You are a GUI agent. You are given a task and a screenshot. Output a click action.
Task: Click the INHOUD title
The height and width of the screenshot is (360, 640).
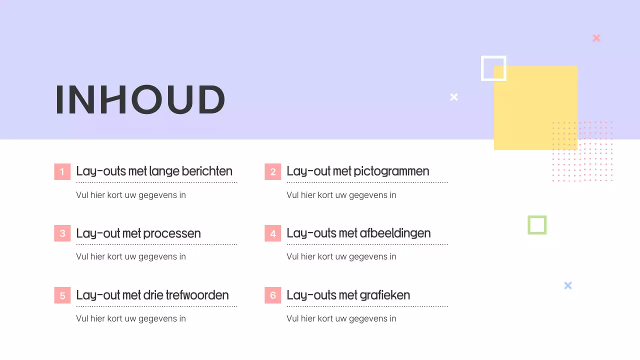140,99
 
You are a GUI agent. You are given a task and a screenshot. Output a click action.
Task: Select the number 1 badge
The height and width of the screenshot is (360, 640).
62,171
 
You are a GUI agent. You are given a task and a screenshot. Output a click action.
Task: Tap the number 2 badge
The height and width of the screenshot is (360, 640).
273,171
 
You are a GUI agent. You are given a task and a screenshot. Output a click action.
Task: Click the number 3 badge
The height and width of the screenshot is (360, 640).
62,233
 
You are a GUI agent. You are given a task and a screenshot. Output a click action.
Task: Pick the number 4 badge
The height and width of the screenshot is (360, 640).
273,233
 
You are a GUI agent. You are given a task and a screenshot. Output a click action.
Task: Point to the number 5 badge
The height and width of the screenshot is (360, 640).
62,295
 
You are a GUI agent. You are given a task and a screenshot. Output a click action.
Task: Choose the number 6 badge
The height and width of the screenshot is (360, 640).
273,295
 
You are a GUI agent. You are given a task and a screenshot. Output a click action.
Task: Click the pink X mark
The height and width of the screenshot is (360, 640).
596,38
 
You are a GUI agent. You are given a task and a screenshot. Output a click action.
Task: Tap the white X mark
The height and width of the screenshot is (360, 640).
454,97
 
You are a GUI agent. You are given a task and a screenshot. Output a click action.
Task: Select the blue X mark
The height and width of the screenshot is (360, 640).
568,285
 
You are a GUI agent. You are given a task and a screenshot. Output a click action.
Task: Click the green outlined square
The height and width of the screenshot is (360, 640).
537,225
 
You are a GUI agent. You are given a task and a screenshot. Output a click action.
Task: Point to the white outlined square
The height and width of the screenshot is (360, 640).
493,68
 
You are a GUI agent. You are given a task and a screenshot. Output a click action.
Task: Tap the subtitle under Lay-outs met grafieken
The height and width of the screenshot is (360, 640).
341,318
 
